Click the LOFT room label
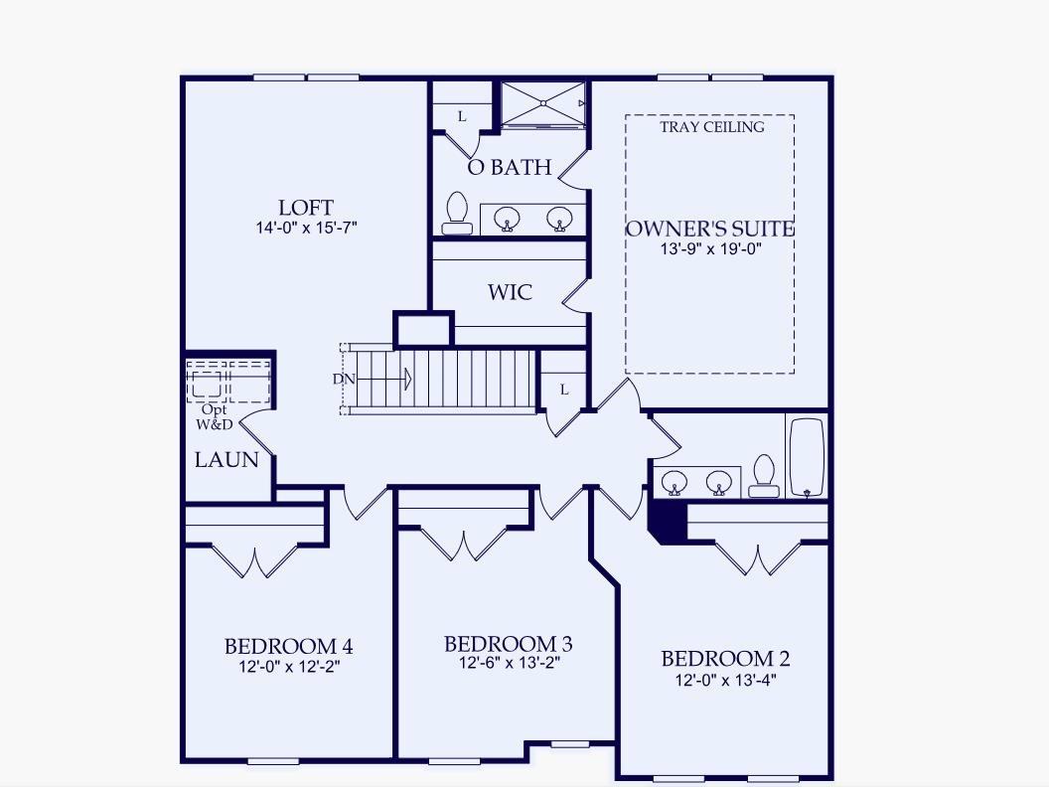305,208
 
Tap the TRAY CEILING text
712,127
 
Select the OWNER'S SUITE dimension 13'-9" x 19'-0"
710,249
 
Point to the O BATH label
510,167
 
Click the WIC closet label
510,292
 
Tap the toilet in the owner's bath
457,213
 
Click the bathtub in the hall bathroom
806,458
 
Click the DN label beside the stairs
343,379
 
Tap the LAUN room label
226,460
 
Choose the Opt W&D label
214,416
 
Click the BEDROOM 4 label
288,646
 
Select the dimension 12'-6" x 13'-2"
508,663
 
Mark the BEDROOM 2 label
725,659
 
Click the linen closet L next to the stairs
563,390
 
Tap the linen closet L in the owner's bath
462,116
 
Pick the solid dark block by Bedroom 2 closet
665,521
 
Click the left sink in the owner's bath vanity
510,217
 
